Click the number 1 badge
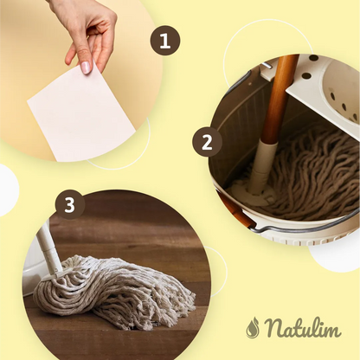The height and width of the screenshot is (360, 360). [x=165, y=42]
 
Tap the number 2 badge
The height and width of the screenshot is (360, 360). [x=207, y=142]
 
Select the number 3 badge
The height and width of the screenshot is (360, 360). [x=70, y=205]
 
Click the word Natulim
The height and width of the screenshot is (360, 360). [x=302, y=327]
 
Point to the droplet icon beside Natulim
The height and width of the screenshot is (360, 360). [x=253, y=327]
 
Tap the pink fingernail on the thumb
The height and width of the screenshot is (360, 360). [x=86, y=67]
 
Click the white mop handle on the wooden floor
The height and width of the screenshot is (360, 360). [x=49, y=248]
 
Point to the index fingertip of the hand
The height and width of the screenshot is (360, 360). [x=68, y=60]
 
